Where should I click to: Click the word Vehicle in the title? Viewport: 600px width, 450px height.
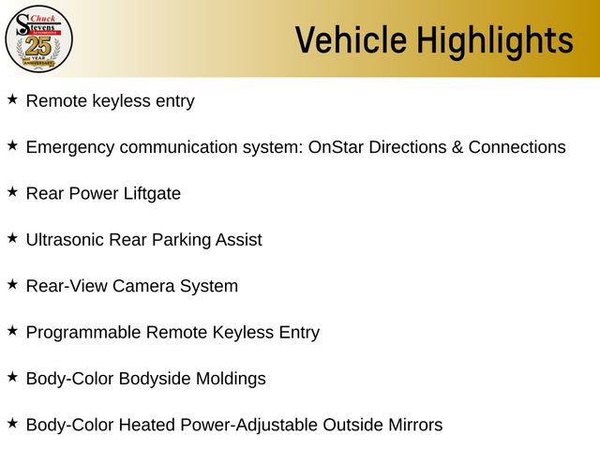351,40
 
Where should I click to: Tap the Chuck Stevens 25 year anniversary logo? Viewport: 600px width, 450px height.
38,38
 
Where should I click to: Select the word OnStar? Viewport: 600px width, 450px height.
337,147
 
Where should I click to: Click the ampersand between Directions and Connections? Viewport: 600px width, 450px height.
456,147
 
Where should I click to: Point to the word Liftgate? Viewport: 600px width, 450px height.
149,194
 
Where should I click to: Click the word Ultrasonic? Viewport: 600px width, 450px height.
66,240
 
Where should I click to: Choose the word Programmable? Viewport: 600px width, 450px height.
82,332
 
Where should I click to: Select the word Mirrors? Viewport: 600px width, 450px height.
410,425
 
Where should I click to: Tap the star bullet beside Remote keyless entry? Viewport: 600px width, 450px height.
12,99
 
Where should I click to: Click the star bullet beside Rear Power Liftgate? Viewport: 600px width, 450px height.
12,192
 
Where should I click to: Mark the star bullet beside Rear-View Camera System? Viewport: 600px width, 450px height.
12,284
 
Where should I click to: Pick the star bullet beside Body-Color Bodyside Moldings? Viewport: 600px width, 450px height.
12,377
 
